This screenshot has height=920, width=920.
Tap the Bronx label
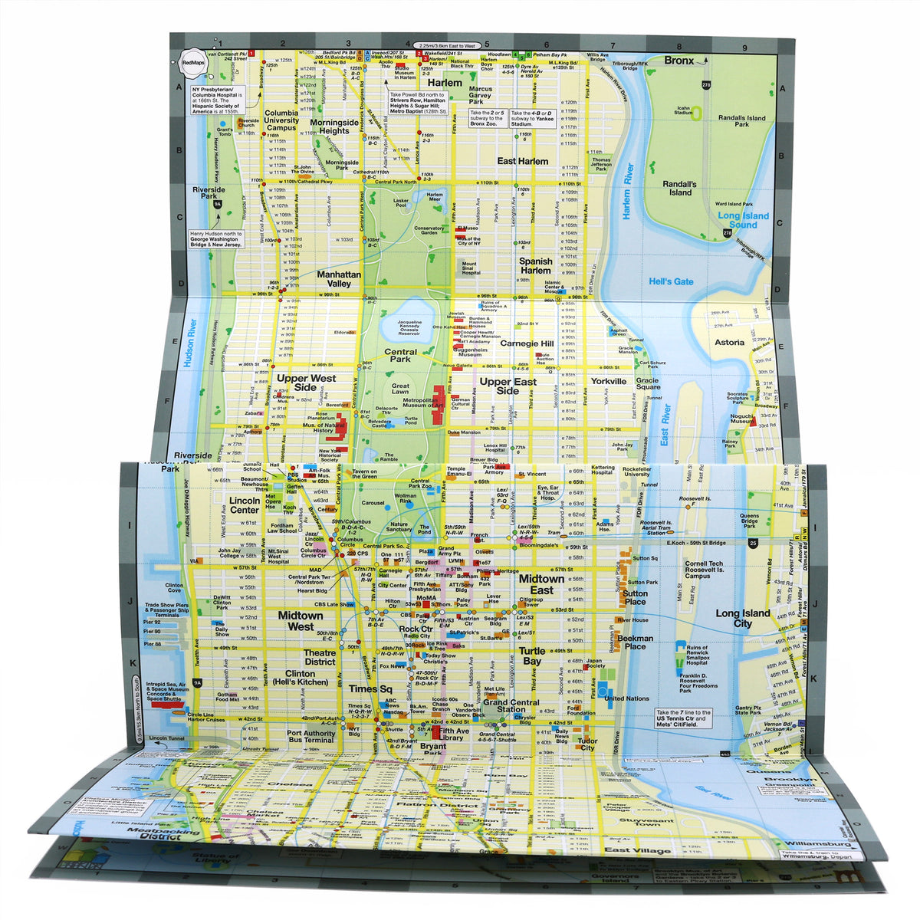678,61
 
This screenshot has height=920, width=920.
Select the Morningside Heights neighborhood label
334,127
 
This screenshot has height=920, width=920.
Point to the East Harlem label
522,161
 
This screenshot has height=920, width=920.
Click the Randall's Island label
680,189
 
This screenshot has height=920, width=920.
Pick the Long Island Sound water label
743,220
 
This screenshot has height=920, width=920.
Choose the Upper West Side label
306,383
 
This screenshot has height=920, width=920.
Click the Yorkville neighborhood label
608,381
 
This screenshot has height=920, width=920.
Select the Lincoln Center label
245,504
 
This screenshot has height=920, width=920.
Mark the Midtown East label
541,584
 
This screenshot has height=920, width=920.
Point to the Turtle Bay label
532,655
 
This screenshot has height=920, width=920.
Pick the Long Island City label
744,618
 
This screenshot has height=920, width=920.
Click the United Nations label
626,698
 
